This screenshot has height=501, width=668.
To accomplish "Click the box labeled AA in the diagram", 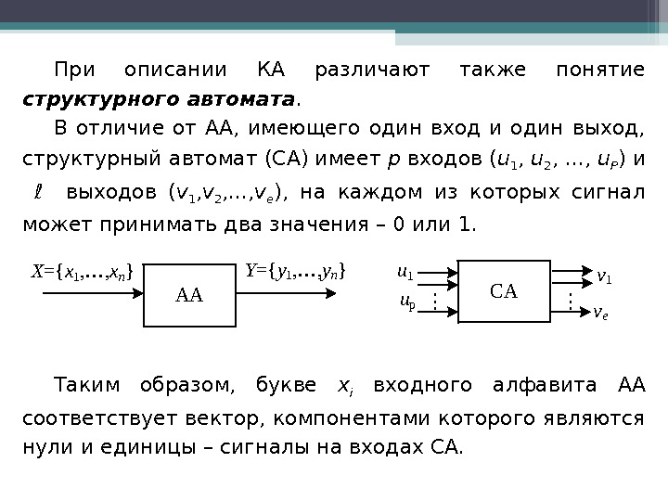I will (189, 295).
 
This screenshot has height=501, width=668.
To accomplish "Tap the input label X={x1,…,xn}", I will (83, 271).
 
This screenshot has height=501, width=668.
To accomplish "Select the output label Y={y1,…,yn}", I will (296, 271).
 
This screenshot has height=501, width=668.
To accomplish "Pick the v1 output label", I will (604, 276).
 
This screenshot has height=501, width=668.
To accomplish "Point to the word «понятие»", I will (598, 70).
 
